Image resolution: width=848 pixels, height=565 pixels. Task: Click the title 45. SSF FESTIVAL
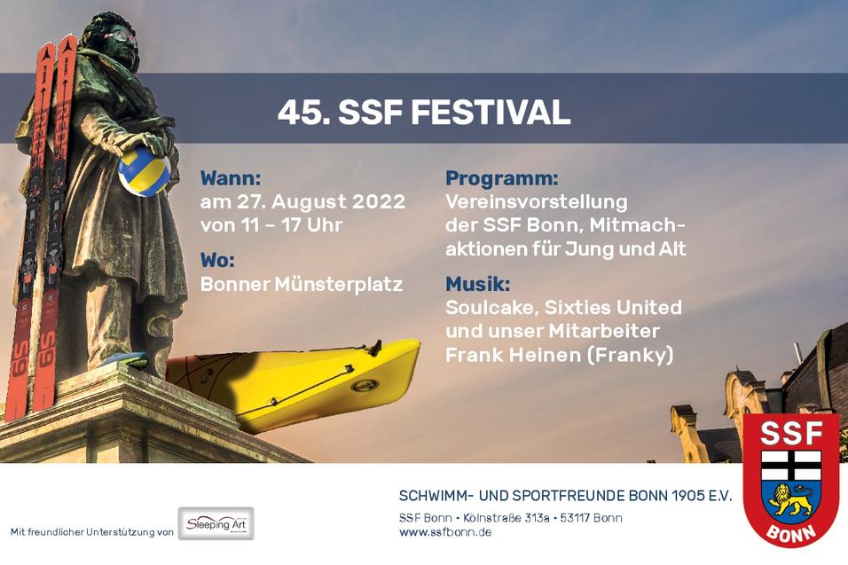point(423,114)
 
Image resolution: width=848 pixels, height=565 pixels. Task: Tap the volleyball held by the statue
point(144,171)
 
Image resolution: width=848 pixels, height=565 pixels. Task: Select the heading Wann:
point(231,177)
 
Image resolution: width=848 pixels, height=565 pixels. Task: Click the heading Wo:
point(219,261)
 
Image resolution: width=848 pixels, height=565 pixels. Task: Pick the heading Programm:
point(502,177)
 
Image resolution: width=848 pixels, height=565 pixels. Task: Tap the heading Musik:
point(478,285)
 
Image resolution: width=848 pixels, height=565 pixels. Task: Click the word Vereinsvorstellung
point(536,201)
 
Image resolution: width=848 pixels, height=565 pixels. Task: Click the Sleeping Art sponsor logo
point(216,524)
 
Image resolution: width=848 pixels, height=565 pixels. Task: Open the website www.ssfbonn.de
point(445,532)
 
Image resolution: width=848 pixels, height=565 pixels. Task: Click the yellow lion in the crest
point(790,500)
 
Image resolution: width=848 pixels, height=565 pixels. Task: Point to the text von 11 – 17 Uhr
point(271,225)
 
